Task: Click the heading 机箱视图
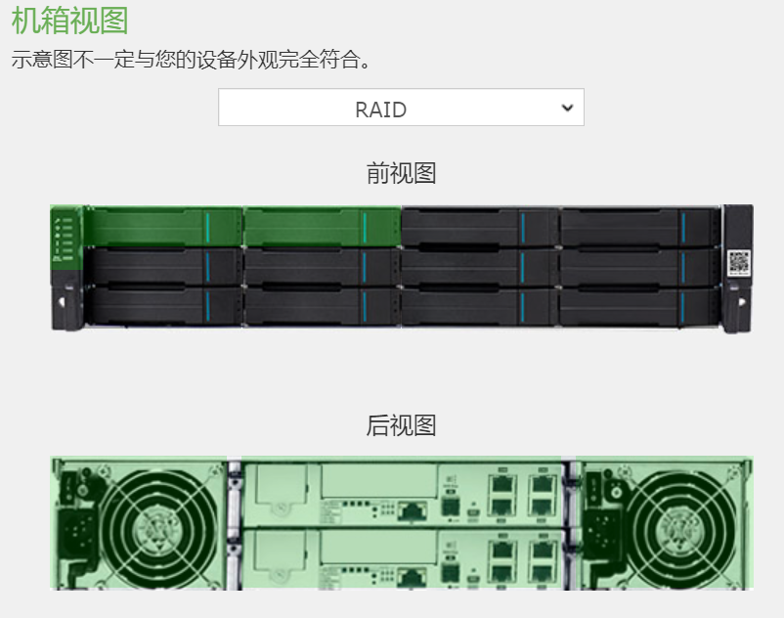pos(70,20)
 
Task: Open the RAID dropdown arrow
pos(568,109)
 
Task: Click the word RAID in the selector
pos(381,110)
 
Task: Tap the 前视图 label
pos(401,173)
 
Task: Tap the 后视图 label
pos(401,425)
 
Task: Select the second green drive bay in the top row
pos(322,227)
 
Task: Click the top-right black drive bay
pos(638,227)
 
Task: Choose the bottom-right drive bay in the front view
pos(638,307)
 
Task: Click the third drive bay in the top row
pos(480,227)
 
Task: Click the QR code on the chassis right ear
pos(739,262)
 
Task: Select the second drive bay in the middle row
pos(322,267)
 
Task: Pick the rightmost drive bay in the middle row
pos(638,267)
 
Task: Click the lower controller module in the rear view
pos(401,557)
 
